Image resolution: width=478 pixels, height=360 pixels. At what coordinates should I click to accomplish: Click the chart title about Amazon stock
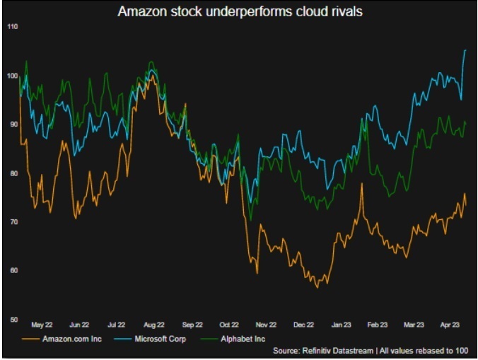tap(239, 11)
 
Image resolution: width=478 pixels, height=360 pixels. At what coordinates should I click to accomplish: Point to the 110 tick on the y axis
tap(12, 26)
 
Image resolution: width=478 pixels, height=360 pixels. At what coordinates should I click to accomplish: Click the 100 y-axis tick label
tap(12, 76)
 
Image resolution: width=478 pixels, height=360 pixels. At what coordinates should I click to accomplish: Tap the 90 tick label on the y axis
tap(12, 124)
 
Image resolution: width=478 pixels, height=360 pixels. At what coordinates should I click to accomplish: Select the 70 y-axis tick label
tap(12, 222)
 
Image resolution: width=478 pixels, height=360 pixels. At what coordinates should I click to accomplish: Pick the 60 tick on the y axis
tap(12, 271)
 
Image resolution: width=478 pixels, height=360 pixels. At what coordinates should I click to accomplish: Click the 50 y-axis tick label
tap(12, 320)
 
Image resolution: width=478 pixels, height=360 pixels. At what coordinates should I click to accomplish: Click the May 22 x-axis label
tap(42, 325)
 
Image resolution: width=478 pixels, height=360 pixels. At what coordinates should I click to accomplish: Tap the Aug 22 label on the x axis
tap(153, 325)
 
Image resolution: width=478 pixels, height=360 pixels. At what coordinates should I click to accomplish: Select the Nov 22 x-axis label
tap(265, 325)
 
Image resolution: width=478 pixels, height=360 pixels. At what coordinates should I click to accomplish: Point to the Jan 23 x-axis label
tap(341, 325)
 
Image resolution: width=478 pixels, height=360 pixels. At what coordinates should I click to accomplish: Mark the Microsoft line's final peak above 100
tap(465, 50)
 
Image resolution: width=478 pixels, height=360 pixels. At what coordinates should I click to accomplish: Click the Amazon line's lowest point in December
tap(317, 287)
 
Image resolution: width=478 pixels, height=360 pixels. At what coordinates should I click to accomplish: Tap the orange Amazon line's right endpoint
tap(466, 204)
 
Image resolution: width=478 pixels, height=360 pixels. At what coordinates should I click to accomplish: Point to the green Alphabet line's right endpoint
tap(466, 123)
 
